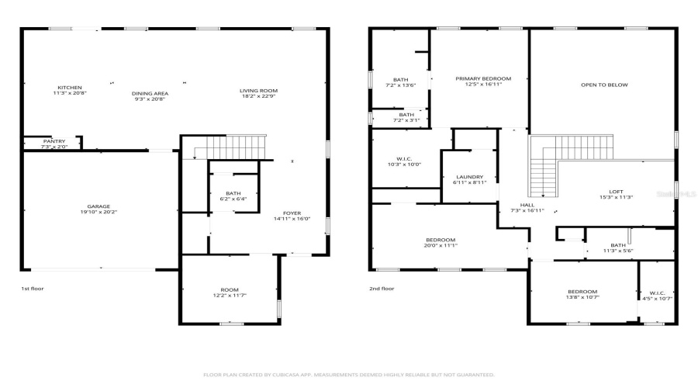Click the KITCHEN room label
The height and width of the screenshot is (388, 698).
pyautogui.click(x=69, y=88)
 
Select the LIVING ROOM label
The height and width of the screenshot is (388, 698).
pyautogui.click(x=258, y=91)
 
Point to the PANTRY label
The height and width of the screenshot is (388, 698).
pyautogui.click(x=54, y=141)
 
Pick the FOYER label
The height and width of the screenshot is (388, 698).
pyautogui.click(x=292, y=213)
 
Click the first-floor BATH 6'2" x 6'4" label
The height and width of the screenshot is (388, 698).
pyautogui.click(x=233, y=193)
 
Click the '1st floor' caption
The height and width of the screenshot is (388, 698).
pyautogui.click(x=32, y=289)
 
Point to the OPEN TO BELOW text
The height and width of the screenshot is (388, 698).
pyautogui.click(x=604, y=85)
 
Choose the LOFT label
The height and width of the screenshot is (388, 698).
pyautogui.click(x=616, y=192)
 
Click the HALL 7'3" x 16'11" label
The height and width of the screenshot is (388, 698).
pyautogui.click(x=527, y=206)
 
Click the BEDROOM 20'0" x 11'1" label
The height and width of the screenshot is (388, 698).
pyautogui.click(x=440, y=240)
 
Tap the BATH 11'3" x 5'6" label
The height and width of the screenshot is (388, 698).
pyautogui.click(x=618, y=246)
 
